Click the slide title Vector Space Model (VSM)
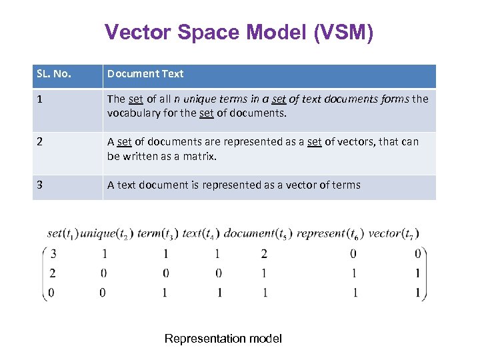coord(239,33)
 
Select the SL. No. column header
coord(53,74)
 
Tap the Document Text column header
coord(145,74)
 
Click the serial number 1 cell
coord(41,99)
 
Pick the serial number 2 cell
coord(41,142)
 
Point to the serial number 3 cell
coord(41,185)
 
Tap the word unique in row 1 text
coord(203,99)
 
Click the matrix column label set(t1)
coord(63,234)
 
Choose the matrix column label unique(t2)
coord(107,234)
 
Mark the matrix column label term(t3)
coord(158,234)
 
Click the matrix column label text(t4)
coord(201,234)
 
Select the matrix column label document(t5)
coord(257,234)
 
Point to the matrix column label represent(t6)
coord(329,234)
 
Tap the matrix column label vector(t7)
coord(393,234)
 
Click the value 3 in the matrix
coord(53,254)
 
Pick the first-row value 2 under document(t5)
coord(264,254)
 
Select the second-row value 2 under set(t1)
coord(53,273)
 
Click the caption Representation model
coord(223,339)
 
